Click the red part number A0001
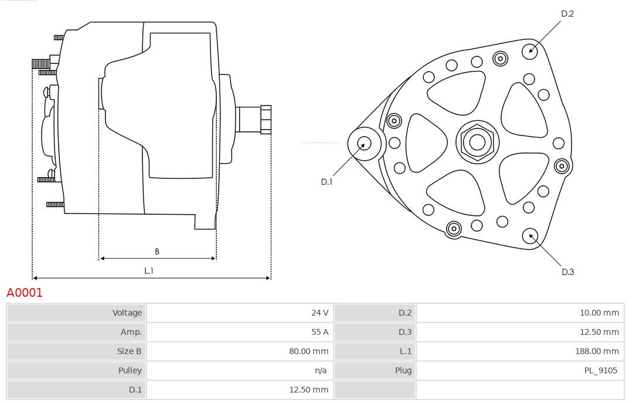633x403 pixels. (25, 293)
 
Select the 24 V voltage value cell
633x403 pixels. (319, 313)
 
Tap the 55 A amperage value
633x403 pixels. (320, 332)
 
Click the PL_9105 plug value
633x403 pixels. (601, 370)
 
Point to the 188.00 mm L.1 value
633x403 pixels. (597, 351)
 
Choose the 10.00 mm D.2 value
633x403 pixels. (599, 313)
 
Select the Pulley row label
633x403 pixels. (130, 370)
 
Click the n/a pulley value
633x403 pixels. (321, 370)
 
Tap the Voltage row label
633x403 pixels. (127, 313)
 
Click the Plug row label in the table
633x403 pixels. (403, 370)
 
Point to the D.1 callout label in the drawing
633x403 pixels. (326, 182)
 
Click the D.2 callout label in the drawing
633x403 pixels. (567, 13)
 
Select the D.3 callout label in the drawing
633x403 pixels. (567, 272)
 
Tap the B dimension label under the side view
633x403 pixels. (157, 252)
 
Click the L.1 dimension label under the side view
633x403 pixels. (149, 270)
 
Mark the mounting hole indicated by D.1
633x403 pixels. (364, 143)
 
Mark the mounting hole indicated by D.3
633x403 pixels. (530, 236)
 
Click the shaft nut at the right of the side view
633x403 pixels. (266, 120)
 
